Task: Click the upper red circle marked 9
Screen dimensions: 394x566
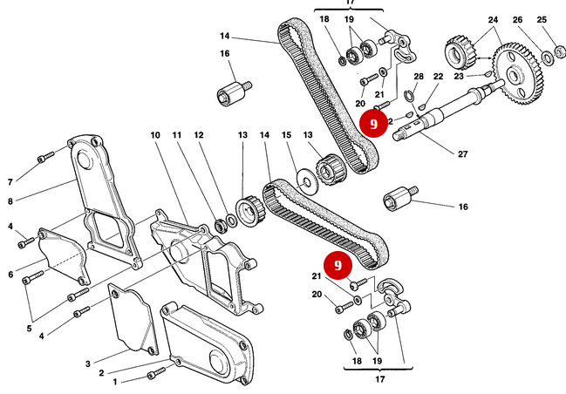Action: coord(373,124)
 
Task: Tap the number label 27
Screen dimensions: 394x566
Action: coord(462,154)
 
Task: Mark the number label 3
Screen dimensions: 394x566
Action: coord(88,363)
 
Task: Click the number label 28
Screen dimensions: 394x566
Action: coord(418,78)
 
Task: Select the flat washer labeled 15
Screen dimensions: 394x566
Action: coord(305,182)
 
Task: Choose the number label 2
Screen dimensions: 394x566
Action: coord(101,373)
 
